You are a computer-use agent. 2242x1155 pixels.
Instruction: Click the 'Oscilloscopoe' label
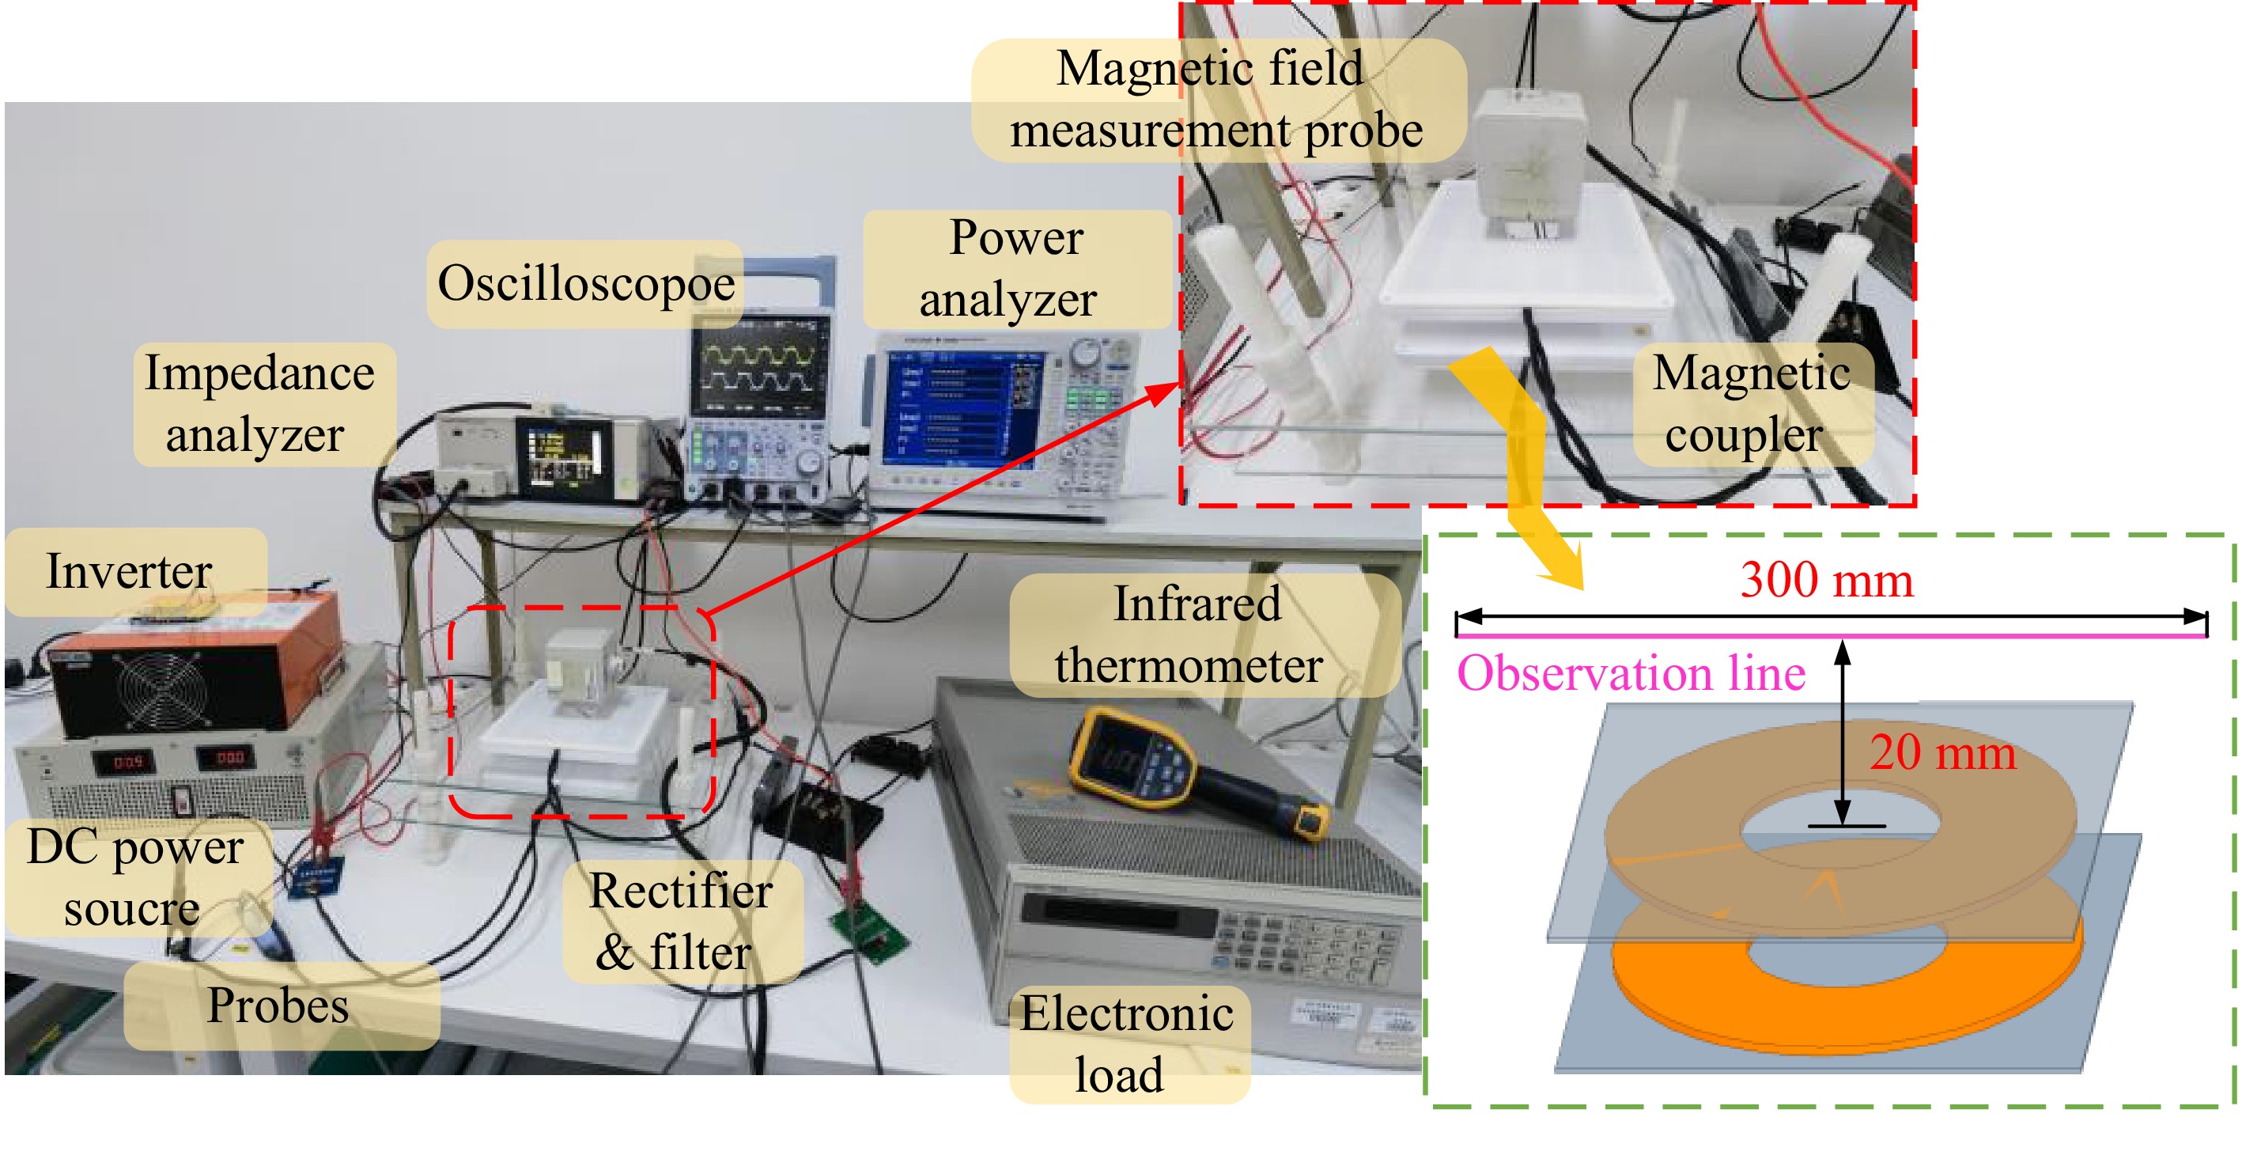586,284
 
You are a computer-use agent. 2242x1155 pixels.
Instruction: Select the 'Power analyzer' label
1014,268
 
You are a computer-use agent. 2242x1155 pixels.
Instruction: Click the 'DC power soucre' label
135,877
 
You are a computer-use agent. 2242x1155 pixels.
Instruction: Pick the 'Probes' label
278,1005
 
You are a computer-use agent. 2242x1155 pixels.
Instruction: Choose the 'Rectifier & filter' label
680,921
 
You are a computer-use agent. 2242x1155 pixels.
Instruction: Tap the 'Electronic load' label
1126,1043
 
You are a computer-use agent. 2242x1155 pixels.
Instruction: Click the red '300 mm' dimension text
1826,580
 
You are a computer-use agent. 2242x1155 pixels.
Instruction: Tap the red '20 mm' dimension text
1941,752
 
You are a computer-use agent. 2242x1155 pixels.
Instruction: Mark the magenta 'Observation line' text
1631,672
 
